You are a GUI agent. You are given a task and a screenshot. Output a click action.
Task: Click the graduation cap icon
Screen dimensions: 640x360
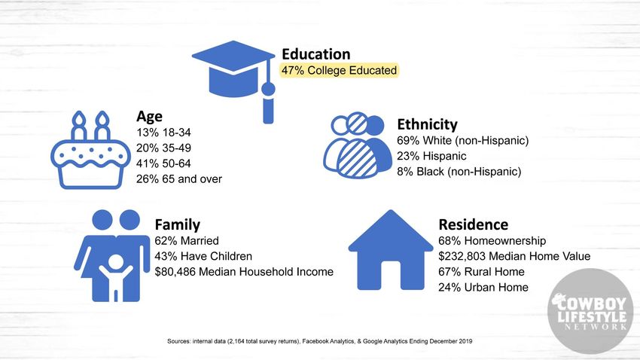234,69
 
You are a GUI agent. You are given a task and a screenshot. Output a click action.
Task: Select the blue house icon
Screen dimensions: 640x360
391,250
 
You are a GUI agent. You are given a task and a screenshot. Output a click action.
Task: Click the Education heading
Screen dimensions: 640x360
316,54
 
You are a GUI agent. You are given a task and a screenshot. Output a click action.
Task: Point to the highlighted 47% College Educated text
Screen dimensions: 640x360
339,70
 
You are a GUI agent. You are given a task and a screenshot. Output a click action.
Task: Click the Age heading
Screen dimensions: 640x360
149,117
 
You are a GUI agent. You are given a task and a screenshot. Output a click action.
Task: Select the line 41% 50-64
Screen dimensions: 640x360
163,163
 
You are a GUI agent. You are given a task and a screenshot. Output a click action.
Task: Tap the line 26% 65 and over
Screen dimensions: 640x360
179,178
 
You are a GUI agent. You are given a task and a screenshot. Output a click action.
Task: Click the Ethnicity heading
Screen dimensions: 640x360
428,124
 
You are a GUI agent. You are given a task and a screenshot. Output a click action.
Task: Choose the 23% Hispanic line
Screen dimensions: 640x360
431,156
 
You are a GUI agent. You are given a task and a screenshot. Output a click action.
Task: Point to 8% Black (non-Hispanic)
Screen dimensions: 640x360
459,172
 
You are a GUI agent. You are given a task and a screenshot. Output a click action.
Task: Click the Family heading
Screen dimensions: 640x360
178,224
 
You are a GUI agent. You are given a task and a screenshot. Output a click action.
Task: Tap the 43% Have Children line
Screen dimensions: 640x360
203,256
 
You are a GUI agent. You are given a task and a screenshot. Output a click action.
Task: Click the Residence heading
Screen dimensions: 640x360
474,224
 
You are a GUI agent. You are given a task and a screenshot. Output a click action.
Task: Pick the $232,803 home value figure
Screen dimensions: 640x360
462,256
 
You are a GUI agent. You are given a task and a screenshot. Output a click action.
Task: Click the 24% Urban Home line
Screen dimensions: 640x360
483,288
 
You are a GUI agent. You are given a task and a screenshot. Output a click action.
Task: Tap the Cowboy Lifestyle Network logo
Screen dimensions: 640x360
590,312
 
